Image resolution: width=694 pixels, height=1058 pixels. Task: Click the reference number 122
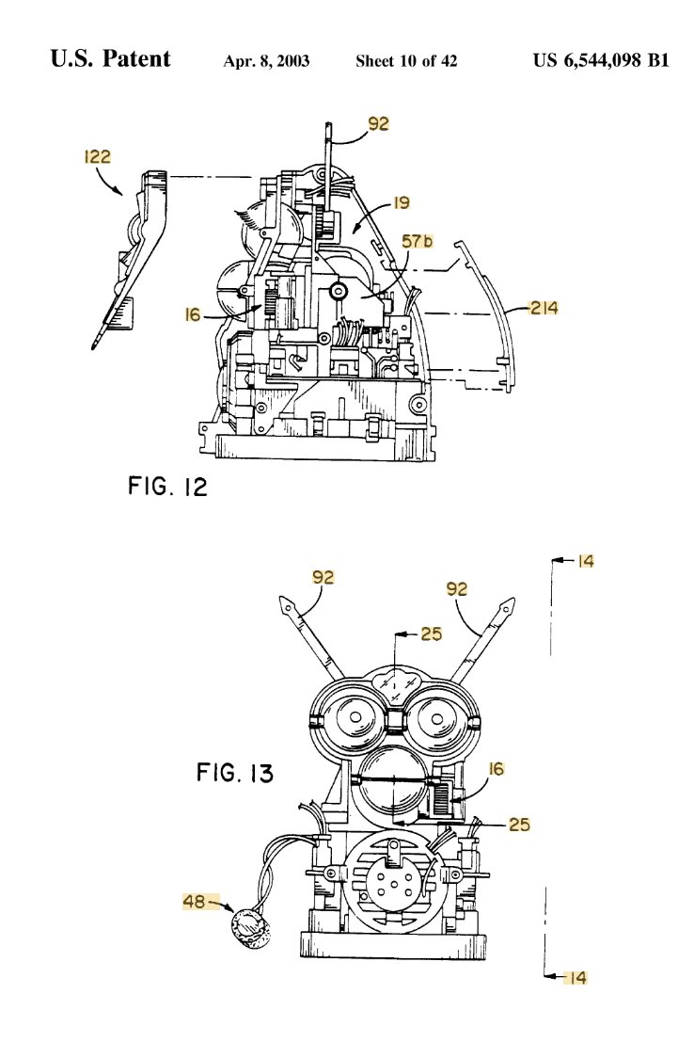(97, 157)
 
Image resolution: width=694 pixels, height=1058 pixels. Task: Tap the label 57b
(418, 241)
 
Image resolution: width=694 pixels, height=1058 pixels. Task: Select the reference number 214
(544, 309)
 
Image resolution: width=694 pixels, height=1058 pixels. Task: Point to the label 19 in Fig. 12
(401, 203)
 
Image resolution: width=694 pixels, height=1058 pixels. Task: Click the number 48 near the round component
(194, 902)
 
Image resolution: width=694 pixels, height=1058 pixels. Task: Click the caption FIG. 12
(167, 486)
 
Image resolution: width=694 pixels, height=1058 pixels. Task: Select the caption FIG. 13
(235, 772)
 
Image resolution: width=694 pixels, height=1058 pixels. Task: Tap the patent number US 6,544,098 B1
(601, 60)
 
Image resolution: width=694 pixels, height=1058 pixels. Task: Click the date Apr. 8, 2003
(266, 61)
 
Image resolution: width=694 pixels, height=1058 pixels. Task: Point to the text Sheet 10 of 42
(406, 61)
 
